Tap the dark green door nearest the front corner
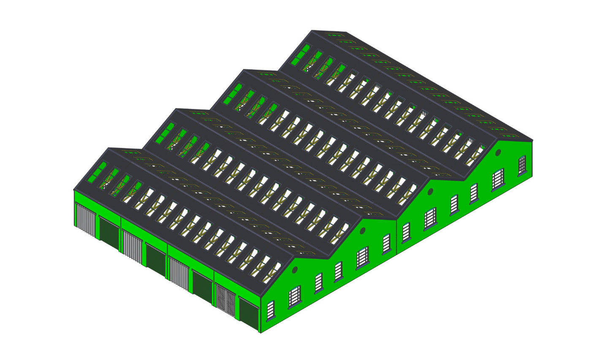tap(248, 314)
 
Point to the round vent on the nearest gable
tap(295, 269)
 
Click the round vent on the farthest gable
tap(499, 152)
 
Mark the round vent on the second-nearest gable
tap(363, 230)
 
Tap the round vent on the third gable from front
tap(430, 191)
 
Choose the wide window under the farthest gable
tap(498, 179)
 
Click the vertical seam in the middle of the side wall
tap(397, 236)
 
